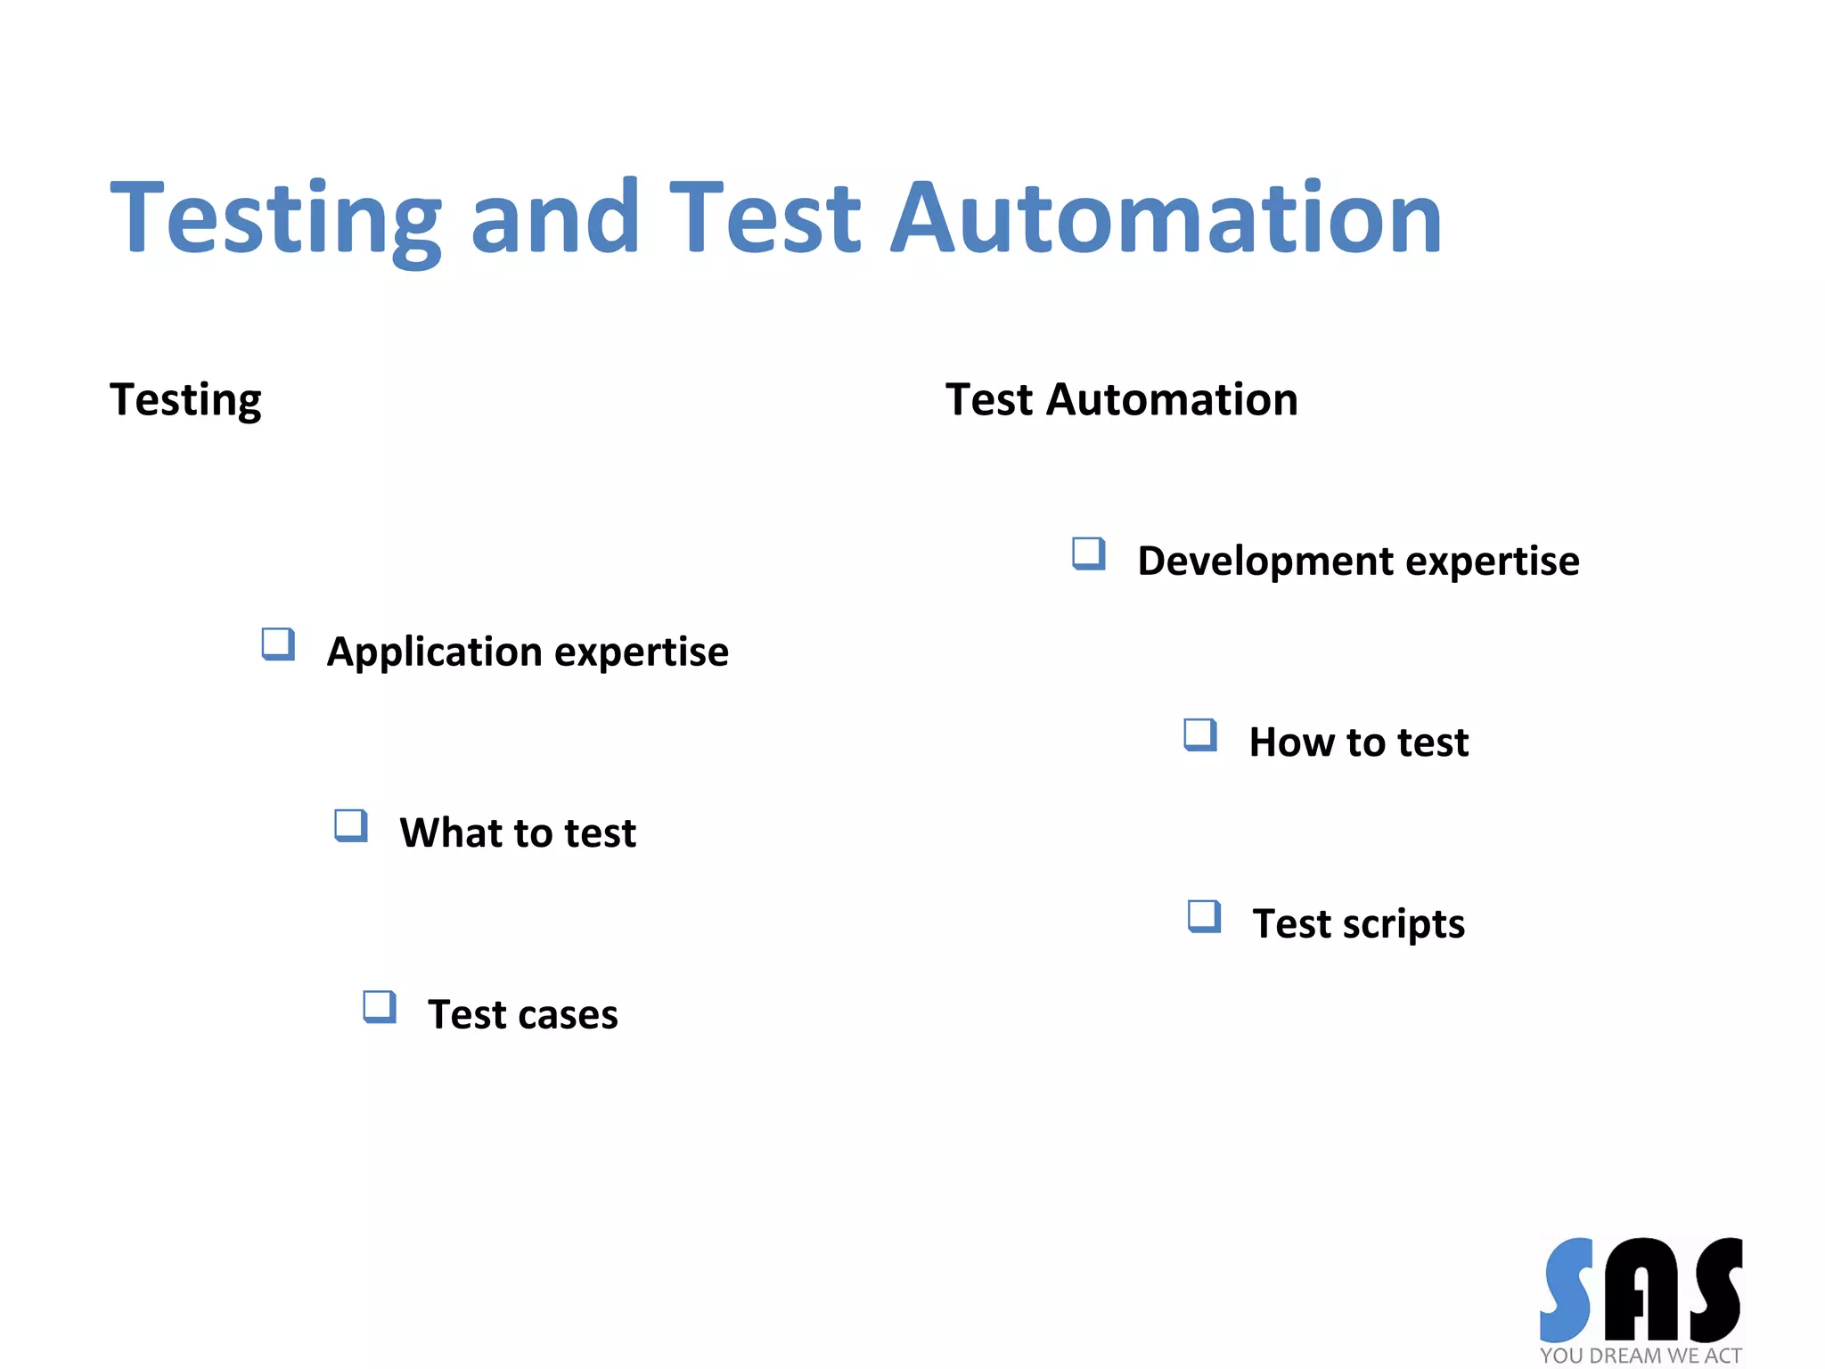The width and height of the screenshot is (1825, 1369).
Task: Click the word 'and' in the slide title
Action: coord(554,217)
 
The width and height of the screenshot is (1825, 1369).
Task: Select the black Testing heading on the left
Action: coord(185,399)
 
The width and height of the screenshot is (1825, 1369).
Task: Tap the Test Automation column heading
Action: coord(1121,399)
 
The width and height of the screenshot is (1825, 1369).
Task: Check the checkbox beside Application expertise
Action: coord(278,644)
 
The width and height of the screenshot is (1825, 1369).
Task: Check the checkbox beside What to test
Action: coord(350,825)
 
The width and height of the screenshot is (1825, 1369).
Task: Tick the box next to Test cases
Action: coord(380,1007)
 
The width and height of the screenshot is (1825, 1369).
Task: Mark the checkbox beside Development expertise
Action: coord(1088,553)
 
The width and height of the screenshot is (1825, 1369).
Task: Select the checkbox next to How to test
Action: coord(1200,735)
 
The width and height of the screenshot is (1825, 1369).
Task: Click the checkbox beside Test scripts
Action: coord(1204,916)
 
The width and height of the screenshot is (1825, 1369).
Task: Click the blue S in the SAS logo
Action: coord(1567,1290)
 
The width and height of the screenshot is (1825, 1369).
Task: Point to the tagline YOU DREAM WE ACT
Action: coord(1641,1356)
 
